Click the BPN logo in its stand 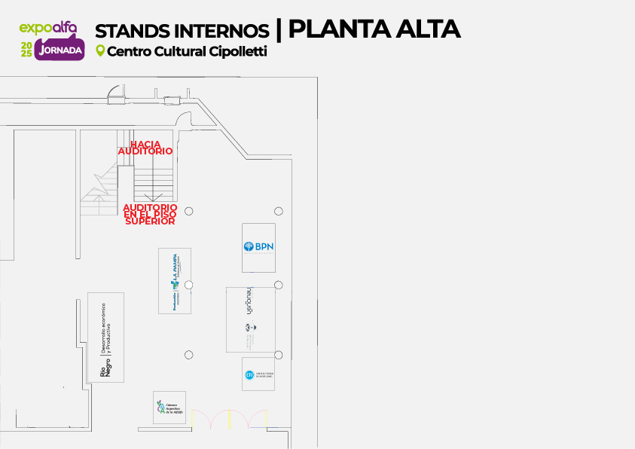pos(258,246)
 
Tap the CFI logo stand pos(258,374)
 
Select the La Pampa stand pos(175,280)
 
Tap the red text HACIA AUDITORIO pos(145,148)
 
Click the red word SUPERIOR pos(150,221)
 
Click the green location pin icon pos(100,51)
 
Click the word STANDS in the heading pos(133,31)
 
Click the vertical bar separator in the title pos(279,29)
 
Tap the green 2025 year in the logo pos(26,50)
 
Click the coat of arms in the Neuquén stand pos(249,328)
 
